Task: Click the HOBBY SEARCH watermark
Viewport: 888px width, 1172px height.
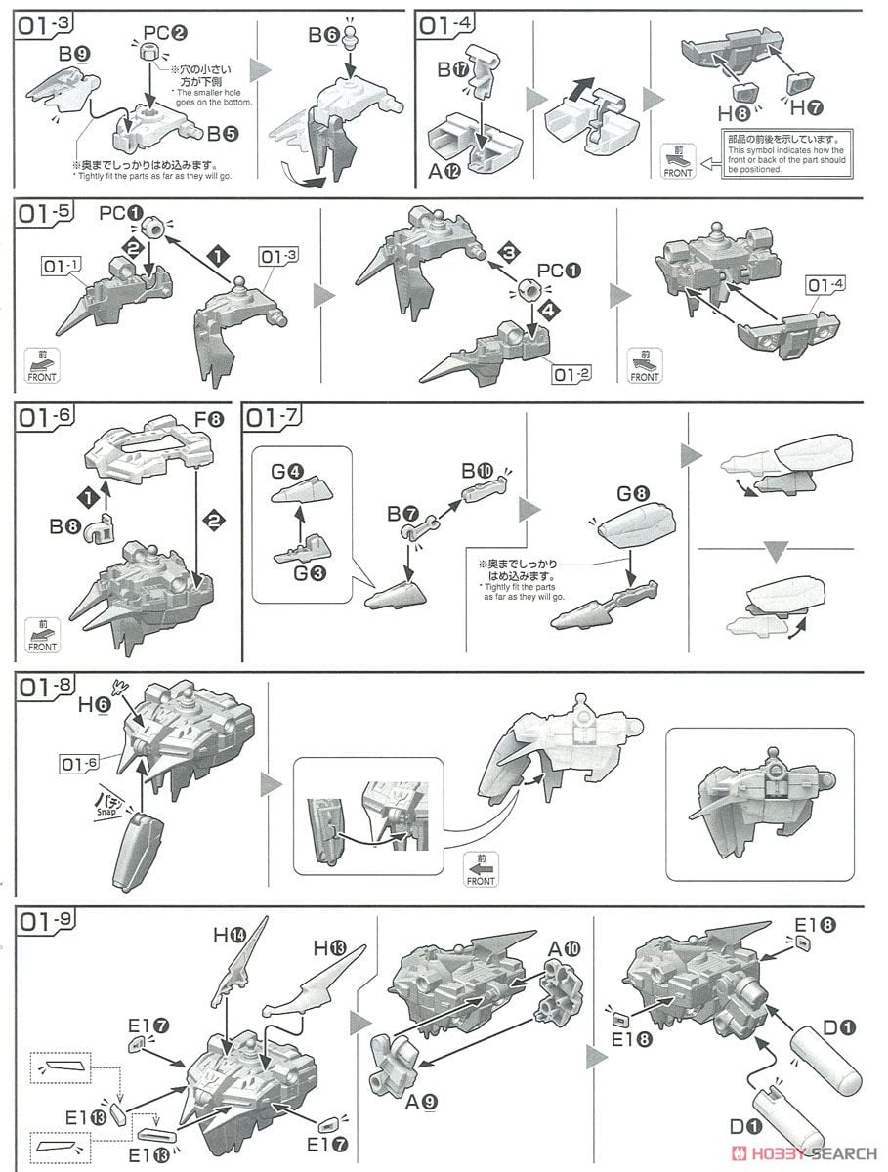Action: click(803, 1152)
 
